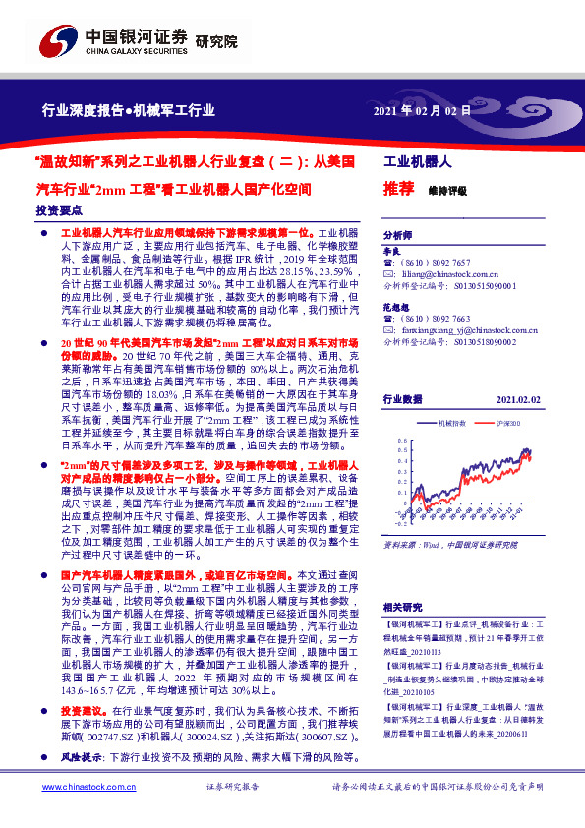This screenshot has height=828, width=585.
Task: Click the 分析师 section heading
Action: pos(398,236)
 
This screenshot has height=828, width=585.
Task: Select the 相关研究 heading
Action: pos(402,608)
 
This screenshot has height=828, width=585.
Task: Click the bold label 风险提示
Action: pos(81,785)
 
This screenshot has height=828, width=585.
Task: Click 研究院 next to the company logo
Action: pos(217,41)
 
